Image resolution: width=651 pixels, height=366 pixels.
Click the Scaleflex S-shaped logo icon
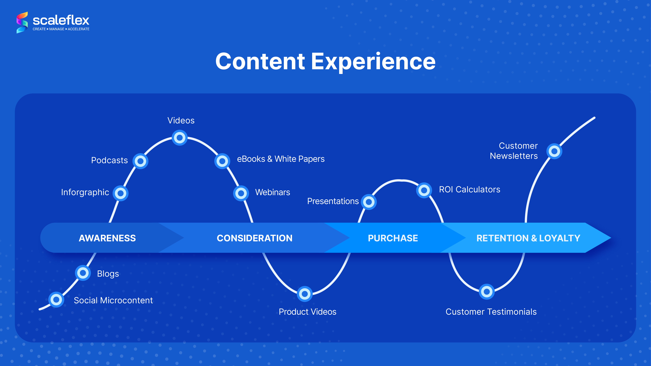point(22,22)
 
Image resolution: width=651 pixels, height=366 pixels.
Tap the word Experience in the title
point(373,62)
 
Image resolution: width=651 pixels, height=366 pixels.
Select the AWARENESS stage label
point(107,238)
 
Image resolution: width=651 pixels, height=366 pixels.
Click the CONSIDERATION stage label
point(254,238)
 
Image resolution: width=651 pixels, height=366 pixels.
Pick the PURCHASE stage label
point(393,238)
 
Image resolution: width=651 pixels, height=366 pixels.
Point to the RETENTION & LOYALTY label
point(528,238)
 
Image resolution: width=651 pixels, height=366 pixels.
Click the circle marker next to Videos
point(180,138)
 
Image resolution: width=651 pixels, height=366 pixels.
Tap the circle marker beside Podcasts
point(140,161)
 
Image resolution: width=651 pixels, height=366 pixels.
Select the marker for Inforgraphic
point(121,193)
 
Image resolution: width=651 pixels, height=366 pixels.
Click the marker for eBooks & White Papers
point(222,161)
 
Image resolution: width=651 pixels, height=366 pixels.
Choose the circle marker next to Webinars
point(241,193)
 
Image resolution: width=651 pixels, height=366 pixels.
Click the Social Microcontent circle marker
point(56,300)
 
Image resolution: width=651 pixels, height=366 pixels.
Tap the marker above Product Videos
point(305,294)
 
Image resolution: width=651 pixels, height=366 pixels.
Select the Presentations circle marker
point(369,202)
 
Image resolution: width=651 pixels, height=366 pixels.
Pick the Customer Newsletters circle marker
point(554,151)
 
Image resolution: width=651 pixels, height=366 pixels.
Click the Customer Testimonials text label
point(491,312)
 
